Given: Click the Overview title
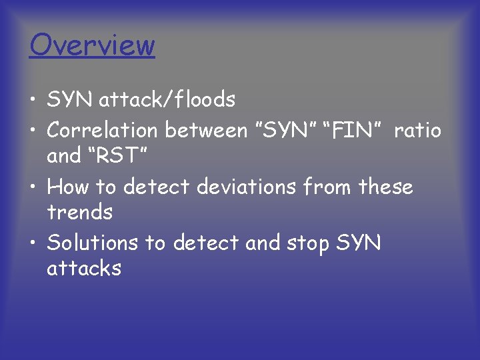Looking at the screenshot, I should pos(92,45).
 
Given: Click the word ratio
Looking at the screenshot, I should pos(417,130).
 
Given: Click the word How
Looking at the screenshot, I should pos(69,187).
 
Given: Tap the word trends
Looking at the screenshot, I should pos(80,213).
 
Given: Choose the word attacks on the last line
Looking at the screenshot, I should pos(84,269).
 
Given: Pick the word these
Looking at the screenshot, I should pos(385,187).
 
